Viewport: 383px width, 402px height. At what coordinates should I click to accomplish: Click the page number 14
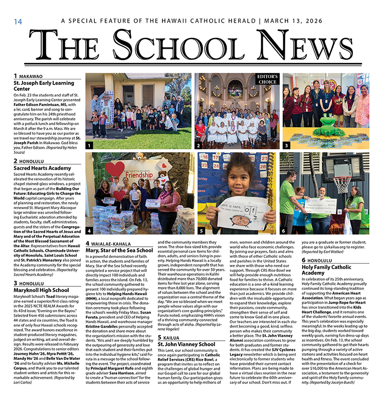click(x=18, y=22)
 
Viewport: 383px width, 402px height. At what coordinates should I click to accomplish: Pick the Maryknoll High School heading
click(x=41, y=290)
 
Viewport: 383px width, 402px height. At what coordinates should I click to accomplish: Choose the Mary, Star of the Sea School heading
click(x=119, y=250)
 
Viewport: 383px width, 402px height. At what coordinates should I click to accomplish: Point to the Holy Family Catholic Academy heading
click(x=326, y=270)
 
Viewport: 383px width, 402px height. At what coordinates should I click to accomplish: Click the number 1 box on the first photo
click(x=89, y=145)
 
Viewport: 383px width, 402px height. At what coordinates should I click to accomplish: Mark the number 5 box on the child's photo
click(x=201, y=231)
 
